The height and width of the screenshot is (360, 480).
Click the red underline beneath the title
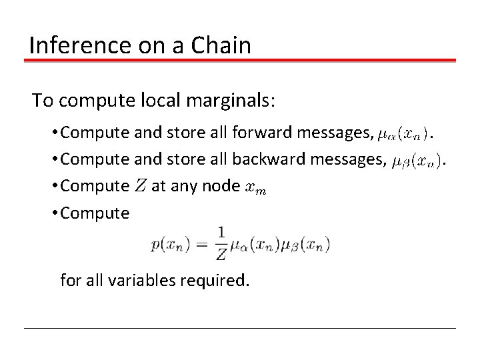click(240, 61)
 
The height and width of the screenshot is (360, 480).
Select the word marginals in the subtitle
click(225, 101)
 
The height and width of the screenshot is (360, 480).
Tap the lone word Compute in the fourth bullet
click(95, 213)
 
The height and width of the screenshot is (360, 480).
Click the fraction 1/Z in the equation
click(221, 244)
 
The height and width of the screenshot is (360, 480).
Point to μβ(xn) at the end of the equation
click(305, 245)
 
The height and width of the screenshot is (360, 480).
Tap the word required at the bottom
click(215, 280)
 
